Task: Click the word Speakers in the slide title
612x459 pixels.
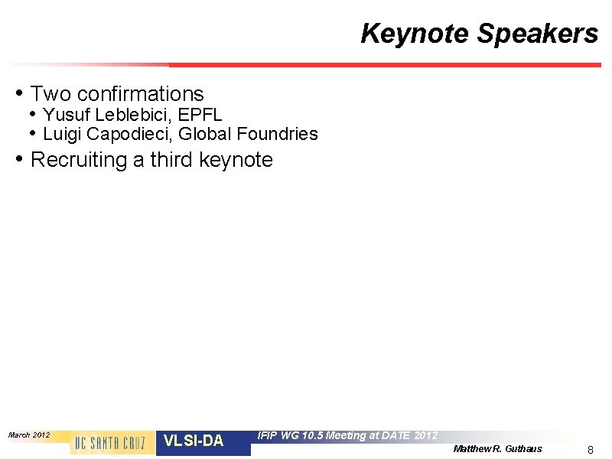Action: click(537, 34)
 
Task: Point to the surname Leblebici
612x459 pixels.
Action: click(125, 116)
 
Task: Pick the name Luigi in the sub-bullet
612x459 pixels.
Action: click(62, 135)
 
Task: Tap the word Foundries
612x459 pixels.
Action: click(277, 135)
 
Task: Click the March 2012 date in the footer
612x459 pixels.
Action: click(29, 435)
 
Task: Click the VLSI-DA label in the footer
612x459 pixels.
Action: click(194, 441)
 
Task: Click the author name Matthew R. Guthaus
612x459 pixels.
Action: click(497, 448)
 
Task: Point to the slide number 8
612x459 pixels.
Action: click(590, 450)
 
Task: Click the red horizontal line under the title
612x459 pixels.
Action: click(382, 65)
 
